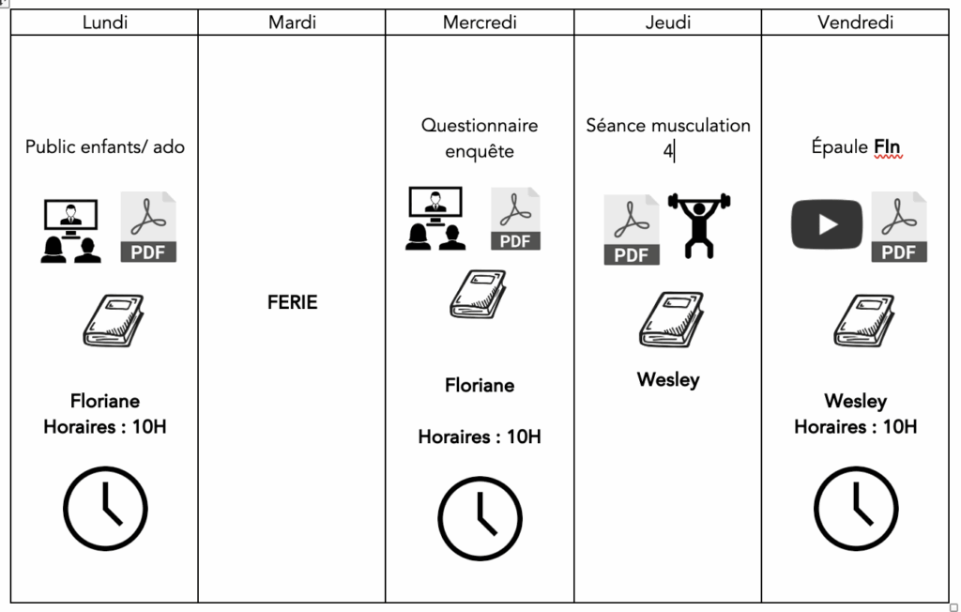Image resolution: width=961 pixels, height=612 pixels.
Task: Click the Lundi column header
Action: [104, 23]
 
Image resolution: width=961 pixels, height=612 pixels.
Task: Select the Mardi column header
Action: [292, 23]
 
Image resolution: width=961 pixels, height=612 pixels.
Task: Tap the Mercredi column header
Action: [480, 23]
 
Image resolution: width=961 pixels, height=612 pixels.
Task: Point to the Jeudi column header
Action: [667, 23]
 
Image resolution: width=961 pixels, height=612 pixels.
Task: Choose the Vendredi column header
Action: [855, 23]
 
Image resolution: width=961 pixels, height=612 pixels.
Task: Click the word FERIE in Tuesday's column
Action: [292, 302]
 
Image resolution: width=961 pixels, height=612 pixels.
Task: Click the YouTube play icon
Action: [827, 225]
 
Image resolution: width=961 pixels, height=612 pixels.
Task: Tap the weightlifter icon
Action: [698, 225]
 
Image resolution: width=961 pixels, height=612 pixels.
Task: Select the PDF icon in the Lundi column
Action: [148, 226]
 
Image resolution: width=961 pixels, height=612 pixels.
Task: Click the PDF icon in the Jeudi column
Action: [632, 230]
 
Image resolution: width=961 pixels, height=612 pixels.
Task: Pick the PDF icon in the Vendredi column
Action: [899, 226]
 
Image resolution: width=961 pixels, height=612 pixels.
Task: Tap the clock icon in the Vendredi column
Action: [855, 508]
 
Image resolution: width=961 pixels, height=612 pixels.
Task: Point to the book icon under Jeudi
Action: [670, 319]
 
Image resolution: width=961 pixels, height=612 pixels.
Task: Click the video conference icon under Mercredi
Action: [435, 219]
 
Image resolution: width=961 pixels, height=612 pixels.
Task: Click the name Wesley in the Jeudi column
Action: [668, 380]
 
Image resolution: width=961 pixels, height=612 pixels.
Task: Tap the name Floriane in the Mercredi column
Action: [480, 385]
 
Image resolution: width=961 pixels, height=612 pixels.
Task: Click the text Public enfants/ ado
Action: [105, 146]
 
